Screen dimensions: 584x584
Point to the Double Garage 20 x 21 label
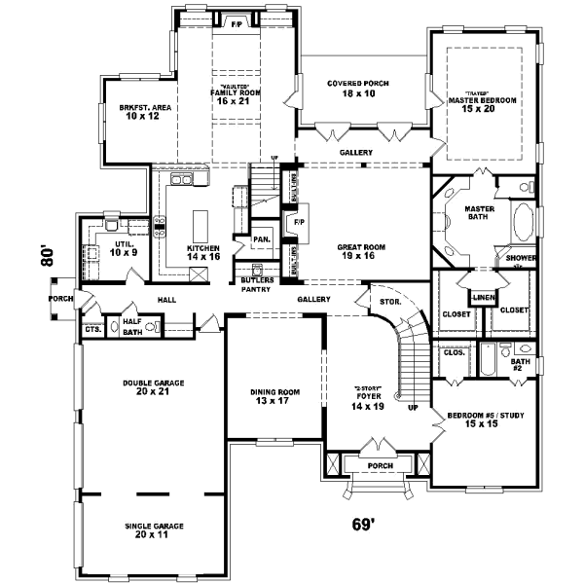click(153, 387)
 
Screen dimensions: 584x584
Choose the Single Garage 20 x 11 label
click(153, 530)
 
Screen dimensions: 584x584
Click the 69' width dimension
click(362, 526)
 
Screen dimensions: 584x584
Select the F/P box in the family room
click(236, 22)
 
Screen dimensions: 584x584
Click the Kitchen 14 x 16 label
click(204, 252)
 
